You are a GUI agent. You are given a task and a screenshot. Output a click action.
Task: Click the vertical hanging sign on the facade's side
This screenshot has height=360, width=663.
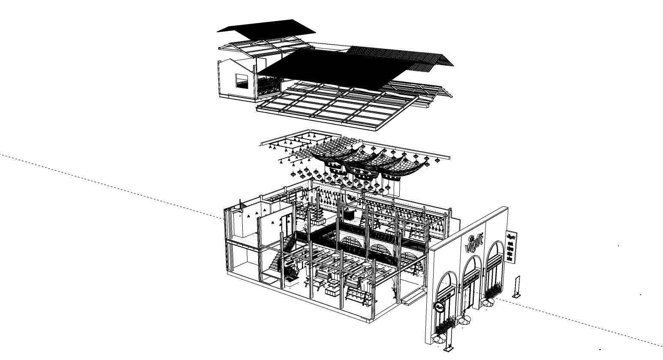click(x=511, y=246)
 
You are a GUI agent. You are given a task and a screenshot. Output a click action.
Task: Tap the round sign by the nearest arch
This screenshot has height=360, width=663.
click(x=440, y=307)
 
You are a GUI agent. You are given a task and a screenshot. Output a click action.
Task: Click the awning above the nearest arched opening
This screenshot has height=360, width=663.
click(x=446, y=295)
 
